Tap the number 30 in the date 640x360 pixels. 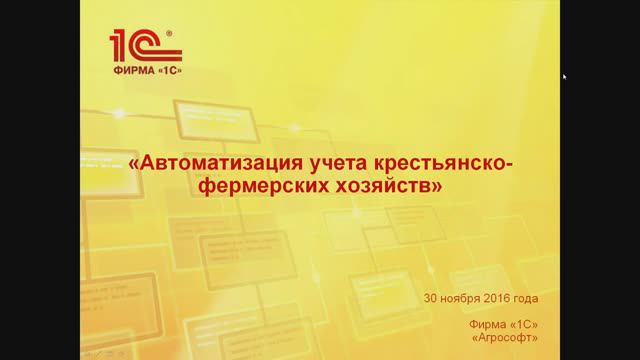[x=431, y=298]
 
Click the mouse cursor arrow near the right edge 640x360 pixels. [x=564, y=76]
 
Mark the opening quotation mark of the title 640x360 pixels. [x=133, y=164]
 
